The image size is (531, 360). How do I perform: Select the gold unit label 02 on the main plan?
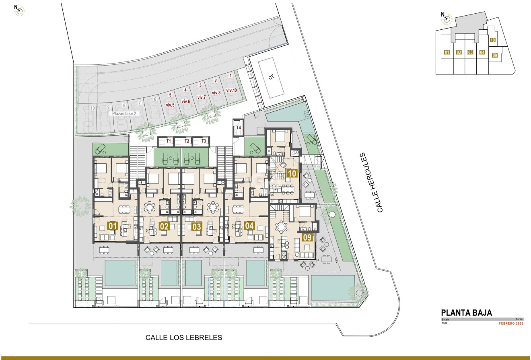[x=164, y=226]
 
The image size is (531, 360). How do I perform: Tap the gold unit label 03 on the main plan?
[x=197, y=226]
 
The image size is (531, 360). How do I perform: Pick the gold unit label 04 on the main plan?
[x=249, y=226]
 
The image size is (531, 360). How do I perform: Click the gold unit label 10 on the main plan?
[x=292, y=174]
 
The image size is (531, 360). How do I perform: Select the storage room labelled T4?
[x=239, y=128]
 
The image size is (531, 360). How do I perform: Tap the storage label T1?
[x=169, y=141]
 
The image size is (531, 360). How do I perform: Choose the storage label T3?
[x=204, y=141]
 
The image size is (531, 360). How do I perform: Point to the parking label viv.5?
[x=170, y=105]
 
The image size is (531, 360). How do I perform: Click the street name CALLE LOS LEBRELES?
[x=184, y=338]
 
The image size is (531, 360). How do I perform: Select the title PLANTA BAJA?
[x=467, y=313]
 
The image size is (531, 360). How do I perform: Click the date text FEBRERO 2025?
[x=511, y=323]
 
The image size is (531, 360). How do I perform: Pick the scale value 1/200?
[x=445, y=323]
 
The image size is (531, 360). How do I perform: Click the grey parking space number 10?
[x=93, y=108]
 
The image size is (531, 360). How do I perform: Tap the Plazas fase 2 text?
[x=125, y=114]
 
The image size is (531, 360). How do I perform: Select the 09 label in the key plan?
[x=495, y=56]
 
